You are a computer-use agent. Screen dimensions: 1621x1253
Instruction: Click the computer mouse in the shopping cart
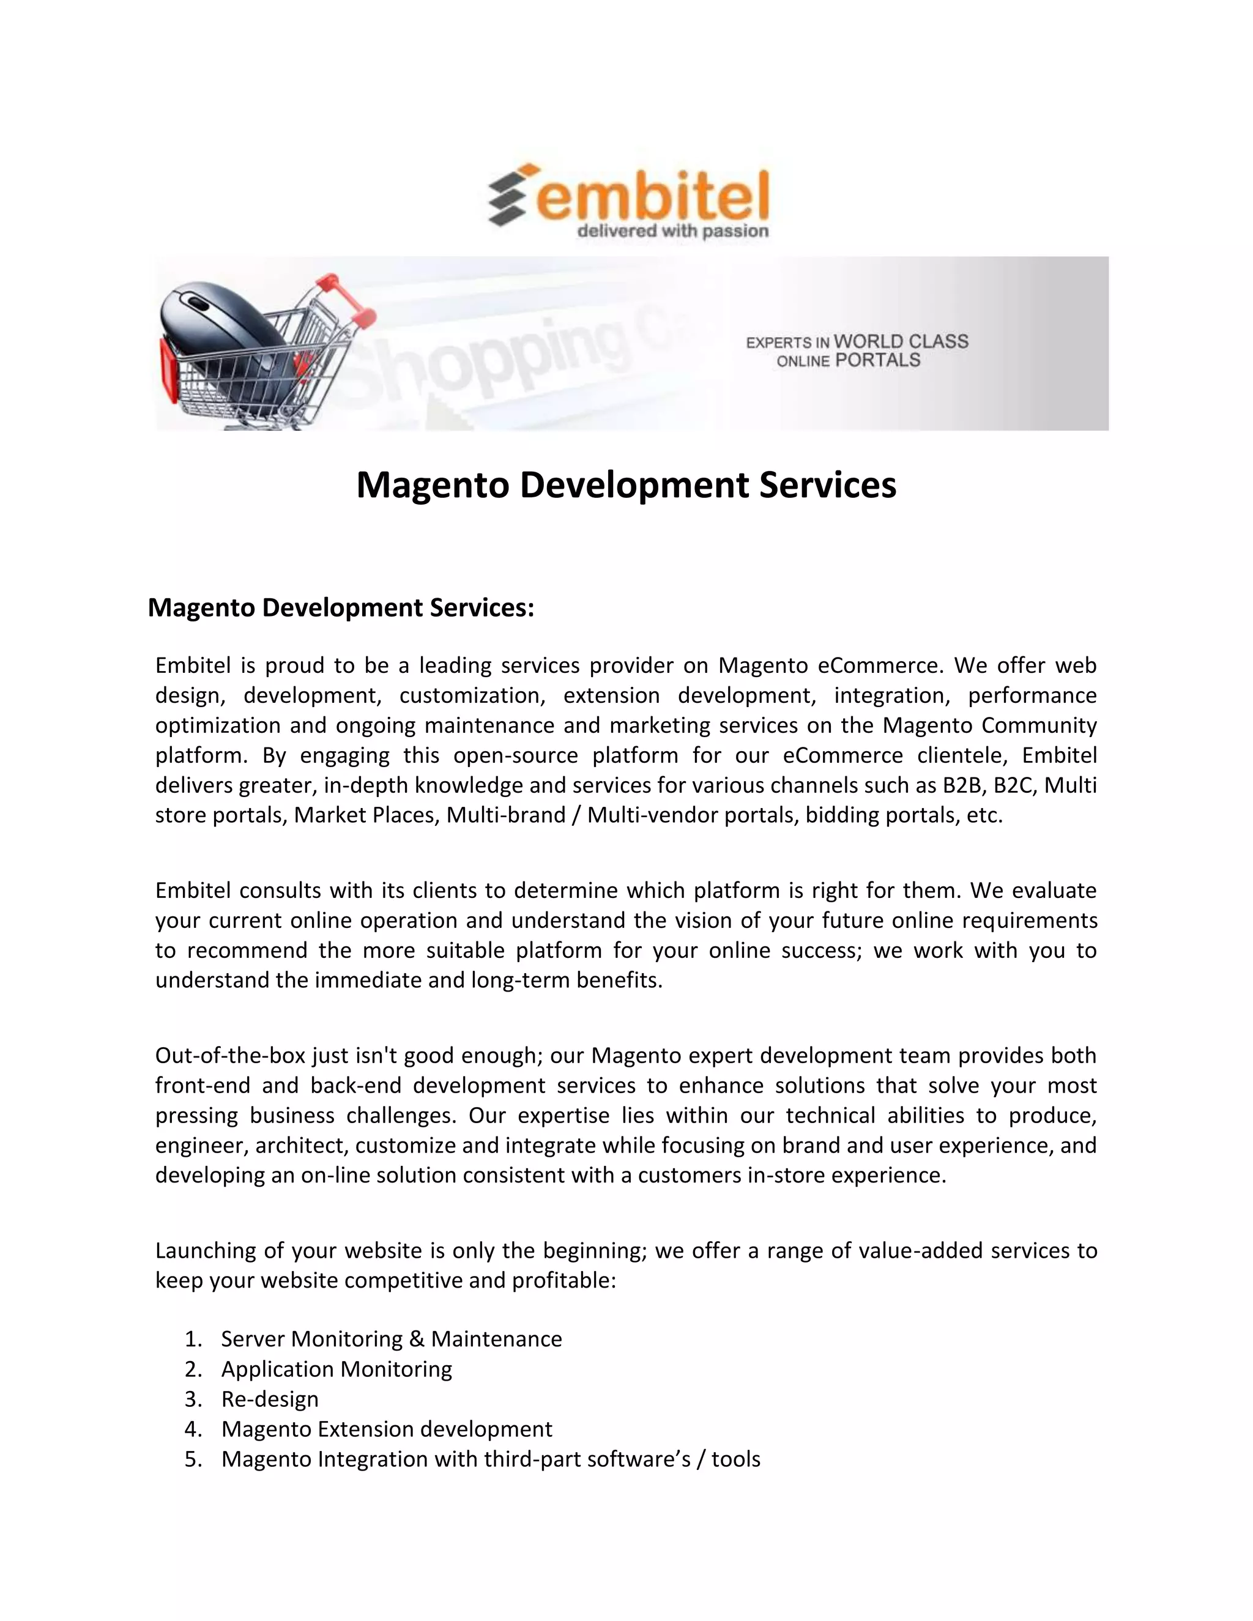[x=223, y=327]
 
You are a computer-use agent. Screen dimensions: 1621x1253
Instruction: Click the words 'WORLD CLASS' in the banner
[x=901, y=341]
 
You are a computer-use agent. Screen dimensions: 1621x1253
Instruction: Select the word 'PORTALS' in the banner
[x=877, y=361]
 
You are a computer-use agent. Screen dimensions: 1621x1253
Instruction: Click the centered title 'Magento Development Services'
[x=626, y=484]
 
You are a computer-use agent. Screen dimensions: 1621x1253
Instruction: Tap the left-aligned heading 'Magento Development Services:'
[x=341, y=608]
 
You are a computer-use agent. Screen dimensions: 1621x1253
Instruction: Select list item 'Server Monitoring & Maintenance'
[x=391, y=1340]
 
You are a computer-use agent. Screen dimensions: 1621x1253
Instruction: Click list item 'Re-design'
[x=269, y=1400]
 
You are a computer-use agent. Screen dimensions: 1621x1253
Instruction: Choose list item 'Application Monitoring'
[x=336, y=1370]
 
